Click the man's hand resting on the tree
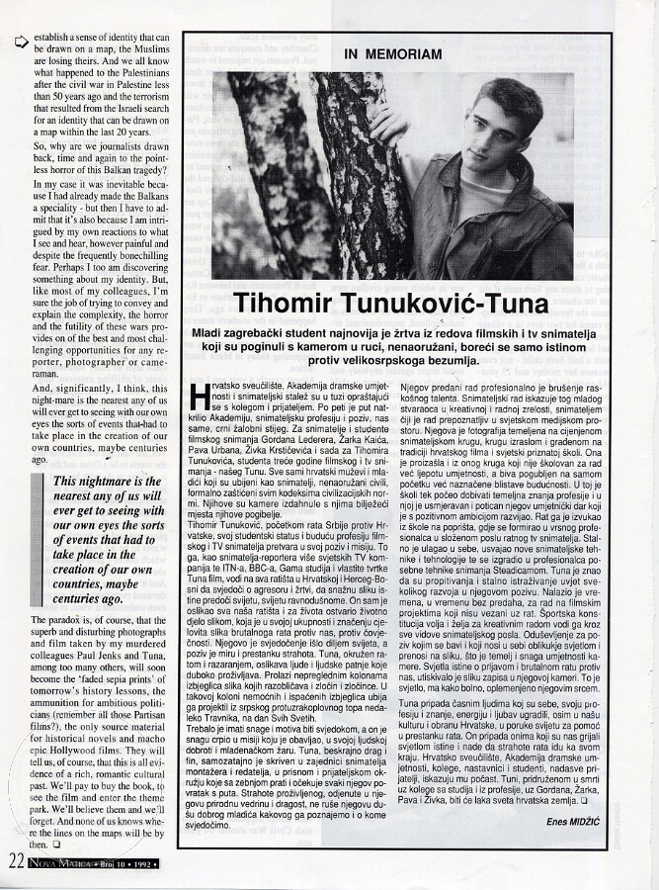(383, 124)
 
